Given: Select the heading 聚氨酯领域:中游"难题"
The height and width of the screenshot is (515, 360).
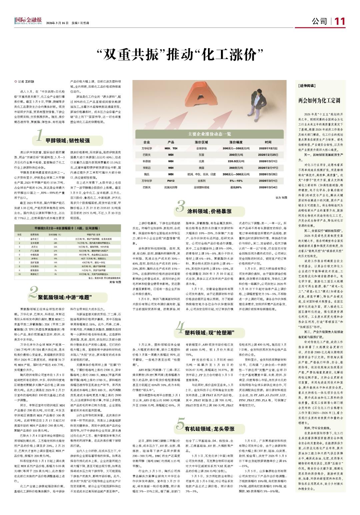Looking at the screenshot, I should [65, 297].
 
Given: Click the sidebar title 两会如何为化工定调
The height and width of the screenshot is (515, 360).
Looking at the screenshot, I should [319, 100].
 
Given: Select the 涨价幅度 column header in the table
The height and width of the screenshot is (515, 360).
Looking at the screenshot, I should [237, 142].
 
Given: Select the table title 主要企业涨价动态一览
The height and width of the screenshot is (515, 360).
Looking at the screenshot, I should [210, 134].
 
